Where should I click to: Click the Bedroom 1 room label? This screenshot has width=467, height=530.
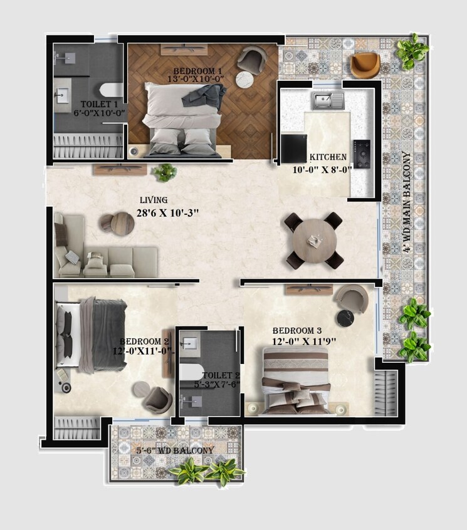pyautogui.click(x=197, y=71)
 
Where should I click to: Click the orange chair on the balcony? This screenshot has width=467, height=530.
pyautogui.click(x=365, y=65)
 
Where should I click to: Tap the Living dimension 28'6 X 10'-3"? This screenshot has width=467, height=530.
pyautogui.click(x=168, y=213)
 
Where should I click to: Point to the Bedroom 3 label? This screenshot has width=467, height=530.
pyautogui.click(x=296, y=331)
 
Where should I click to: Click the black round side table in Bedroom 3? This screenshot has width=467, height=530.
pyautogui.click(x=346, y=318)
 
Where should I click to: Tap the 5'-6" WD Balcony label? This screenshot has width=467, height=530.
pyautogui.click(x=175, y=450)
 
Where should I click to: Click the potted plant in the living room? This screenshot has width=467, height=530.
pyautogui.click(x=164, y=172)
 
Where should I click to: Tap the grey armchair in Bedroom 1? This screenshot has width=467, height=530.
pyautogui.click(x=251, y=59)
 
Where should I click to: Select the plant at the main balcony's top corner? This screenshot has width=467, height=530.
pyautogui.click(x=412, y=51)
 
